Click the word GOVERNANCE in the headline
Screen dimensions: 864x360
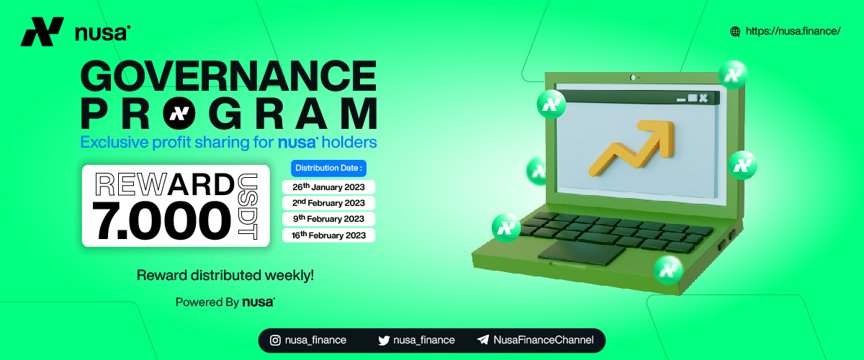[228, 76]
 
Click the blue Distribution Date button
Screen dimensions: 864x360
[328, 168]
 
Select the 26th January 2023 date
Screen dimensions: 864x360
[328, 187]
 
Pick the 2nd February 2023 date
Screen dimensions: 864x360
[328, 203]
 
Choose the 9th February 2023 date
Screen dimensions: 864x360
[328, 219]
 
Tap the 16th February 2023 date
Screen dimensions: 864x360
[328, 235]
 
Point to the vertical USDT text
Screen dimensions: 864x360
[248, 207]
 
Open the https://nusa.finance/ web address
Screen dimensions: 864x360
[793, 31]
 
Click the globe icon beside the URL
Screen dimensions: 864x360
[735, 32]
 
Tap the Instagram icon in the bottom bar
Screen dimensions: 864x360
[275, 341]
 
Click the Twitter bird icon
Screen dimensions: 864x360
[384, 341]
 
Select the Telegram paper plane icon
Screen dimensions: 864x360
[483, 340]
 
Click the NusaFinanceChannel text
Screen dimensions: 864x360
[544, 340]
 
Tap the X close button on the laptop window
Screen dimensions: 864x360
[703, 98]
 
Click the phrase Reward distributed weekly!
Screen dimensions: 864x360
[225, 275]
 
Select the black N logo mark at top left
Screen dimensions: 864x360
[42, 32]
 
